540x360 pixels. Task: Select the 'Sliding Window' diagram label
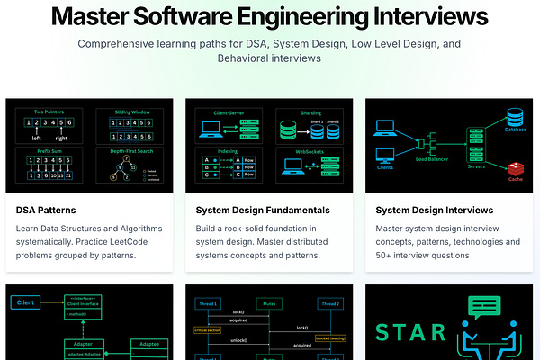(132, 112)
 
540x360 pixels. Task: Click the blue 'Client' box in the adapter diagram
(25, 302)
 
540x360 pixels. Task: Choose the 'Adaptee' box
(146, 344)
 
